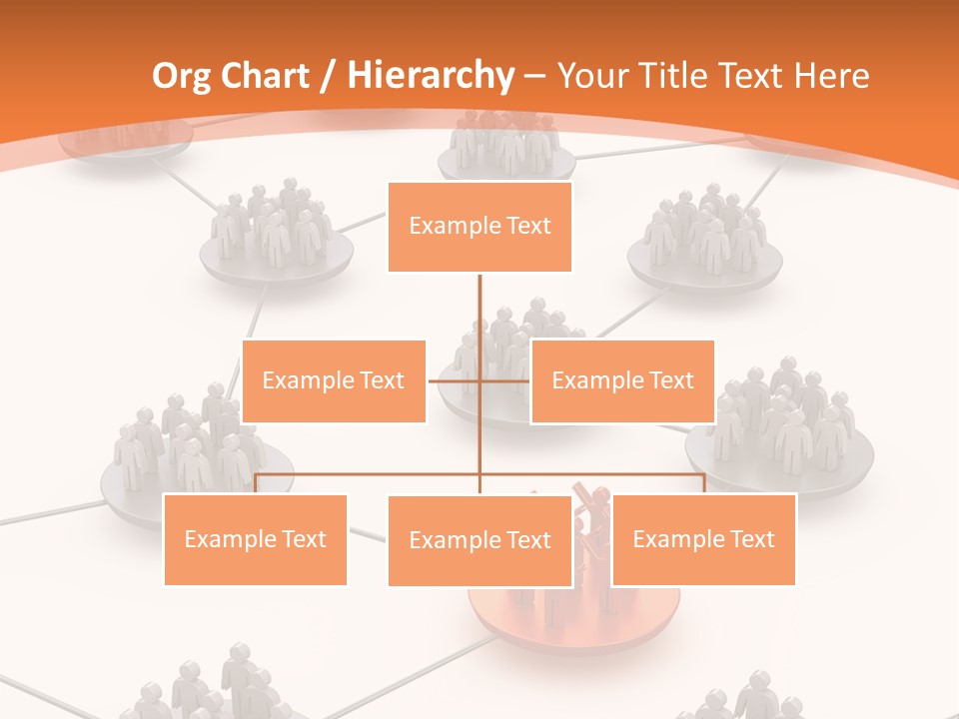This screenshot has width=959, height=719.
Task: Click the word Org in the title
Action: pos(184,76)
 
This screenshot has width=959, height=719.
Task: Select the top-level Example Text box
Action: pos(479,227)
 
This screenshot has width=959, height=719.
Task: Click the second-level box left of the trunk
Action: pos(334,380)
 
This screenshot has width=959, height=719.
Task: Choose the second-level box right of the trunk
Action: pos(622,380)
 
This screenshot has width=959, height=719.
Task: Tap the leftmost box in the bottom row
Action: pos(255,539)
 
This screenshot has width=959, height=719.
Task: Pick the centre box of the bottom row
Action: pos(479,540)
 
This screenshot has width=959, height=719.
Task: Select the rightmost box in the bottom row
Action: pos(703,539)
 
